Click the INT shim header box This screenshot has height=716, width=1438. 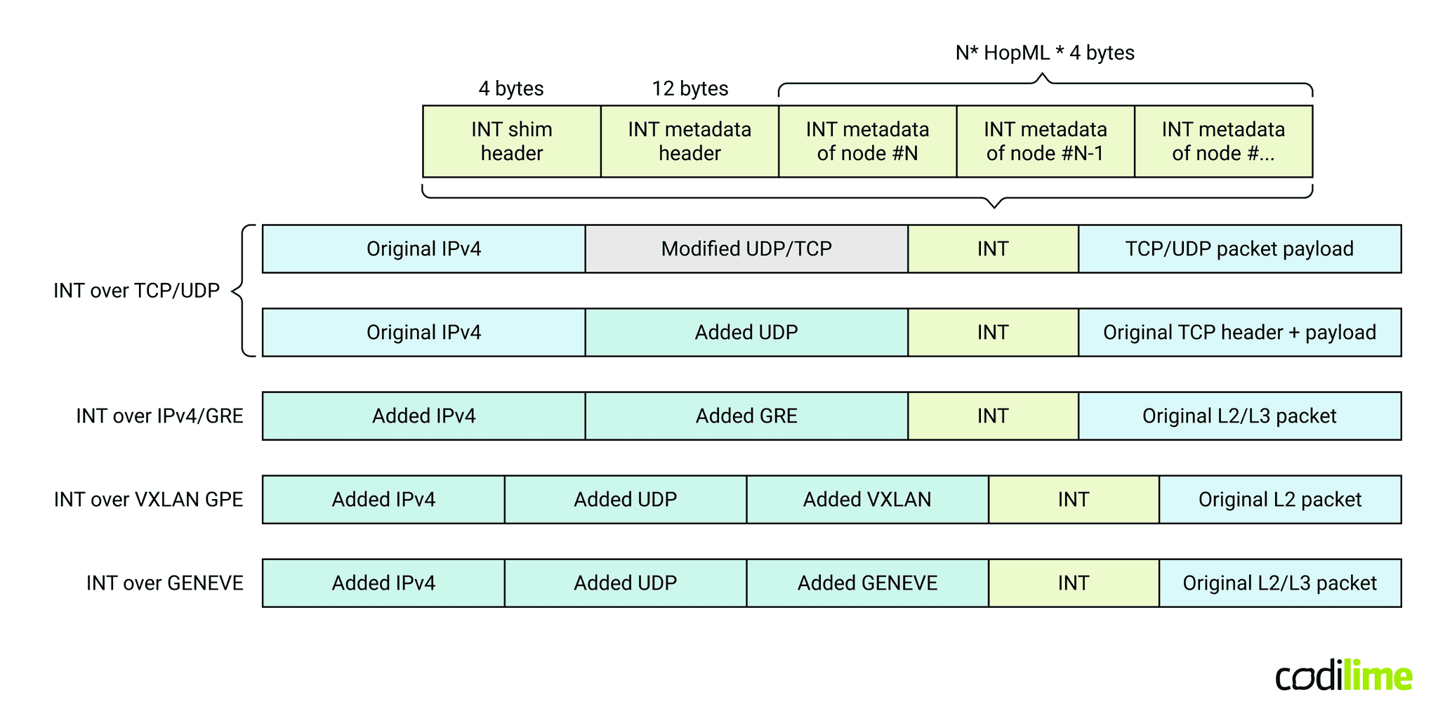pyautogui.click(x=511, y=141)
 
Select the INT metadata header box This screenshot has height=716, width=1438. pyautogui.click(x=690, y=141)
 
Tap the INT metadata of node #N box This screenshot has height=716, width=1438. pyautogui.click(x=867, y=141)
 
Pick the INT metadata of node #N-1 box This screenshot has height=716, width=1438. pyautogui.click(x=1045, y=141)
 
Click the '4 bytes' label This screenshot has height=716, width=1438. pyautogui.click(x=511, y=88)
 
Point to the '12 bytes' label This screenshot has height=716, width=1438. pyautogui.click(x=690, y=88)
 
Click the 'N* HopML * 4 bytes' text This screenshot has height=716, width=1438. pyautogui.click(x=1045, y=53)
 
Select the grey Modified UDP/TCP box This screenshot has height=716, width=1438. pyautogui.click(x=746, y=248)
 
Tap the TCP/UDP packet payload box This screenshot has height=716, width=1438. pyautogui.click(x=1239, y=248)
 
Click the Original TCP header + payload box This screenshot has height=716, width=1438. pyautogui.click(x=1239, y=332)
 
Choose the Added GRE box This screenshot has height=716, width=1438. pyautogui.click(x=746, y=416)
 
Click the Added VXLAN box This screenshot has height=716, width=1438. pyautogui.click(x=867, y=499)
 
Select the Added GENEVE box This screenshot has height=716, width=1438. pyautogui.click(x=867, y=583)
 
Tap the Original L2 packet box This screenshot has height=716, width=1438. pyautogui.click(x=1279, y=499)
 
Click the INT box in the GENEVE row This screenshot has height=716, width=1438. pyautogui.click(x=1073, y=583)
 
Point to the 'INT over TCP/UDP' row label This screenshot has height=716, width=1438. pyautogui.click(x=137, y=291)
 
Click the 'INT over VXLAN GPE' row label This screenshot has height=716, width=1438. pyautogui.click(x=149, y=499)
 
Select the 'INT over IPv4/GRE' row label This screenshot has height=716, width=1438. pyautogui.click(x=159, y=416)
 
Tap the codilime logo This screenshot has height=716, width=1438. pyautogui.click(x=1343, y=676)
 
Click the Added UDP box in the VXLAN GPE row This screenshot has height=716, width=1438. pyautogui.click(x=625, y=499)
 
